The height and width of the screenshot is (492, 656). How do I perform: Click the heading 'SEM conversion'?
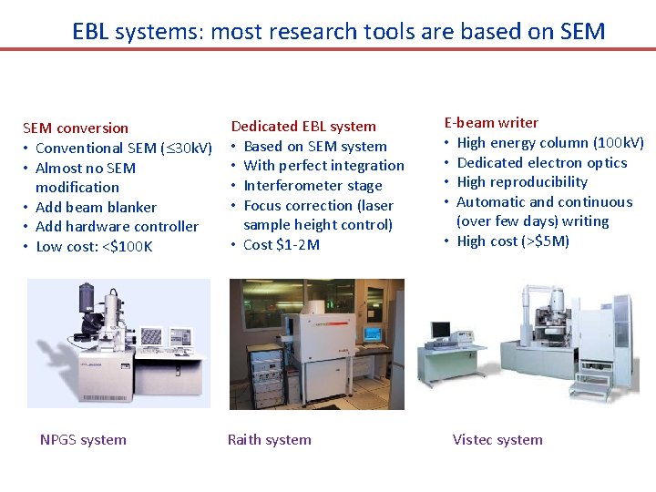pyautogui.click(x=76, y=128)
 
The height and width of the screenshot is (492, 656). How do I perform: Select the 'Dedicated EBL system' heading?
pyautogui.click(x=303, y=127)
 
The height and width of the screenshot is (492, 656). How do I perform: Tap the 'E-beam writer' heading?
pyautogui.click(x=491, y=123)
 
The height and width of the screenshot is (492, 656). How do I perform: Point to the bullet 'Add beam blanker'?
pyautogui.click(x=96, y=207)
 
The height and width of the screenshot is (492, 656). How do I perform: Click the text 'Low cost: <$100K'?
pyautogui.click(x=94, y=247)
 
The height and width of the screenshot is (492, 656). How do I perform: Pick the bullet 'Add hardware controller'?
pyautogui.click(x=117, y=227)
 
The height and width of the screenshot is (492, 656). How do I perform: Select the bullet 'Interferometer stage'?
pyautogui.click(x=313, y=186)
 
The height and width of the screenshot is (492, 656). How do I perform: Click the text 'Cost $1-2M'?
pyautogui.click(x=282, y=245)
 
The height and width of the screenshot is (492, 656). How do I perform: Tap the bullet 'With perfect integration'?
pyautogui.click(x=323, y=166)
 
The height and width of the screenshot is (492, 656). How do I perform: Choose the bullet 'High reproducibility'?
pyautogui.click(x=522, y=182)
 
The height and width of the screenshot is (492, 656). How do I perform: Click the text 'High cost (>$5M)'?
pyautogui.click(x=513, y=241)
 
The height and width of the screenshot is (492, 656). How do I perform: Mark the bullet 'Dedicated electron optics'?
pyautogui.click(x=541, y=163)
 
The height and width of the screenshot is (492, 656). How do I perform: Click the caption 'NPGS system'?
pyautogui.click(x=83, y=440)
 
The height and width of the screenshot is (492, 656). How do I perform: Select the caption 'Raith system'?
pyautogui.click(x=269, y=440)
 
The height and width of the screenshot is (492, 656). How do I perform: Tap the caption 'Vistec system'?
pyautogui.click(x=497, y=440)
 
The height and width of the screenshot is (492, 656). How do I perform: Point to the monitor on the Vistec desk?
pyautogui.click(x=441, y=329)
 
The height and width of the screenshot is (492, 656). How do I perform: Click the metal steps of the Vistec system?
pyautogui.click(x=592, y=384)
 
